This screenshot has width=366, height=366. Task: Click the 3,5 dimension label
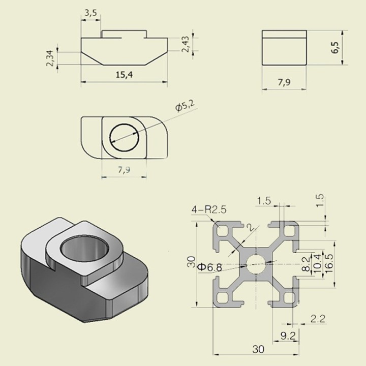click(90, 13)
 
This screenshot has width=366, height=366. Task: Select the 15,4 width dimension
click(124, 75)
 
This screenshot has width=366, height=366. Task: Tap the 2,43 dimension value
click(186, 44)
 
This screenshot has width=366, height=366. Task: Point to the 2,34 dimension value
click(50, 58)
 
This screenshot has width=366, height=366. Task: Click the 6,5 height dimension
click(335, 48)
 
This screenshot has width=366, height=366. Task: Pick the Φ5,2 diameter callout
click(185, 106)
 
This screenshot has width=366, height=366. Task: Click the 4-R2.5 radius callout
click(209, 209)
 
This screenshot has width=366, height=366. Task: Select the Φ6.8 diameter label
click(209, 267)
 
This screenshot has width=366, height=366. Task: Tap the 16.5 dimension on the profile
click(329, 263)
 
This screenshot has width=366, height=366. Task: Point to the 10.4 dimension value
click(318, 263)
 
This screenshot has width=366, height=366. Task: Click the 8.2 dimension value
click(307, 264)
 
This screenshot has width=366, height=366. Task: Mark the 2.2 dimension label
click(318, 318)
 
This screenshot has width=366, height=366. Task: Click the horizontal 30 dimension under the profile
click(258, 349)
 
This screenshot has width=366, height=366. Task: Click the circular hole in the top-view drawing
click(125, 137)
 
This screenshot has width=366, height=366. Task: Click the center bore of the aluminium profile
click(256, 264)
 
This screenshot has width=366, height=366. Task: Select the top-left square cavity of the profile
click(223, 231)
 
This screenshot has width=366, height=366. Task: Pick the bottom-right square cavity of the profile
click(289, 297)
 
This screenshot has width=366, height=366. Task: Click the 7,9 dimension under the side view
click(284, 82)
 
